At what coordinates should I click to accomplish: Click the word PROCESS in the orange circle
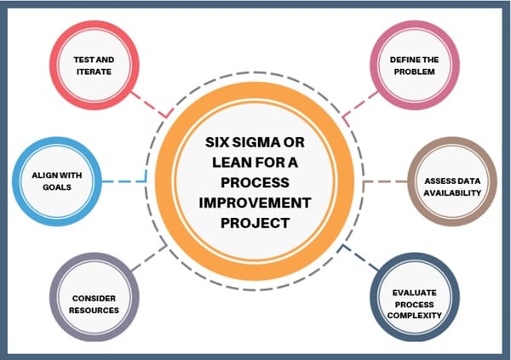[x=256, y=183]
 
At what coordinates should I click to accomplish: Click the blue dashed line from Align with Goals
[x=124, y=180]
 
